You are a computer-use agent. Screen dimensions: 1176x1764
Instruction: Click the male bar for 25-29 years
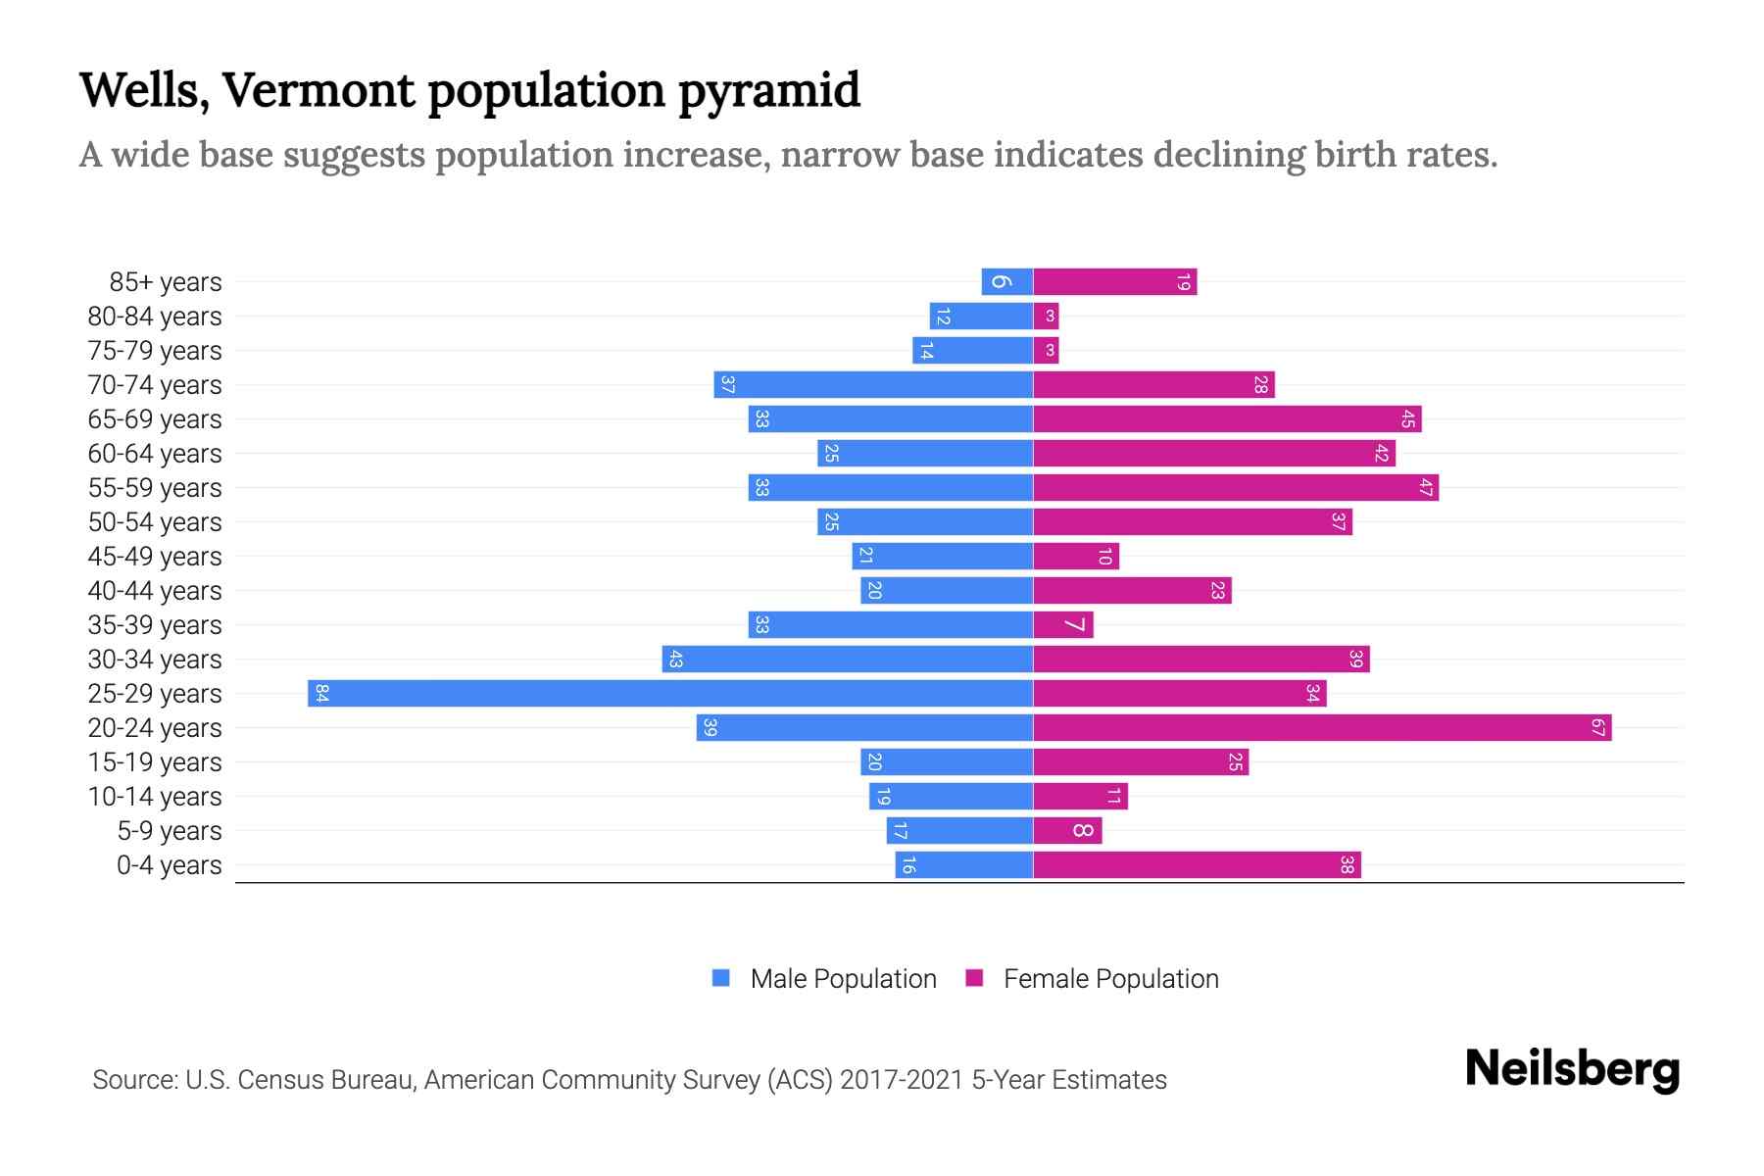pyautogui.click(x=670, y=694)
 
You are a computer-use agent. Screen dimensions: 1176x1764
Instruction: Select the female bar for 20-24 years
pyautogui.click(x=1322, y=728)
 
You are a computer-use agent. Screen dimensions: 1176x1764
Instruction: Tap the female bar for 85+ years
pyautogui.click(x=1115, y=282)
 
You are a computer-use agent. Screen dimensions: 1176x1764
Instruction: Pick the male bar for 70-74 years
pyautogui.click(x=873, y=385)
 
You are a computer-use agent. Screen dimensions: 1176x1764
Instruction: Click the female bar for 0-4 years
pyautogui.click(x=1197, y=865)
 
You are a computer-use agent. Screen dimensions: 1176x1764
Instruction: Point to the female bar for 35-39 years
pyautogui.click(x=1063, y=625)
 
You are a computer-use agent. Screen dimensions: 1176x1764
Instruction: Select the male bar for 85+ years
pyautogui.click(x=1007, y=282)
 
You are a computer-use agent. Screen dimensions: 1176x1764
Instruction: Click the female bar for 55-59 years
pyautogui.click(x=1236, y=488)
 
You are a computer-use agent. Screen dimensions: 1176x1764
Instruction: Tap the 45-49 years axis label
pyautogui.click(x=155, y=557)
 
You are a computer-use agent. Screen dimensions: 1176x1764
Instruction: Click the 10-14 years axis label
pyautogui.click(x=155, y=797)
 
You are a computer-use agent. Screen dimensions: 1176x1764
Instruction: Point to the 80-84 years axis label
pyautogui.click(x=155, y=317)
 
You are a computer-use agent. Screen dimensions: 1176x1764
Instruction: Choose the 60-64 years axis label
pyautogui.click(x=155, y=454)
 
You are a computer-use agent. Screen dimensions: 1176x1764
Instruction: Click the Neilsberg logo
pyautogui.click(x=1572, y=1069)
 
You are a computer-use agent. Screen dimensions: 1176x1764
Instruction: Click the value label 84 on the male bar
pyautogui.click(x=321, y=694)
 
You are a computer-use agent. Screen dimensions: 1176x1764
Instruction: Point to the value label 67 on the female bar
pyautogui.click(x=1597, y=728)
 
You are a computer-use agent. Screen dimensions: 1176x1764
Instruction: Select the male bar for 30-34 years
pyautogui.click(x=848, y=660)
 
